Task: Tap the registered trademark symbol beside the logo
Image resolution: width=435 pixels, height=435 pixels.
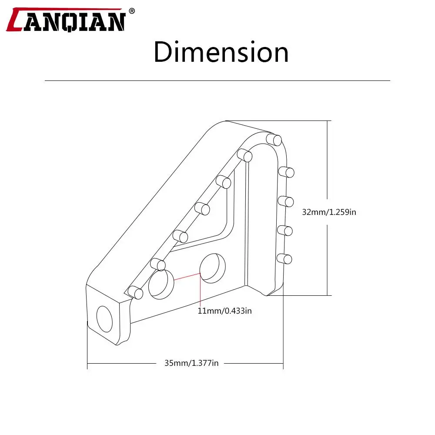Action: (132, 11)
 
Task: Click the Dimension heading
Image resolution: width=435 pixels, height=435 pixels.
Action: (221, 52)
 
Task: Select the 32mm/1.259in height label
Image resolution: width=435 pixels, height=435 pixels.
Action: (329, 212)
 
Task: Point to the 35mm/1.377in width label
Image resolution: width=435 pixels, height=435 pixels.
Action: (191, 363)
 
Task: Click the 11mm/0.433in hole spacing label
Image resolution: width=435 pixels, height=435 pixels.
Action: (225, 311)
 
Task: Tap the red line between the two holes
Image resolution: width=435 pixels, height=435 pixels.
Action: (187, 276)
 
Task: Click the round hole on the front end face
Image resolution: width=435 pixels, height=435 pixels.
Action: (104, 319)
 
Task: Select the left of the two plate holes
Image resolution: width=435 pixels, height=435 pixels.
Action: (161, 284)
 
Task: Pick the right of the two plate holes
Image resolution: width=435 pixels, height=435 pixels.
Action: (213, 268)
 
